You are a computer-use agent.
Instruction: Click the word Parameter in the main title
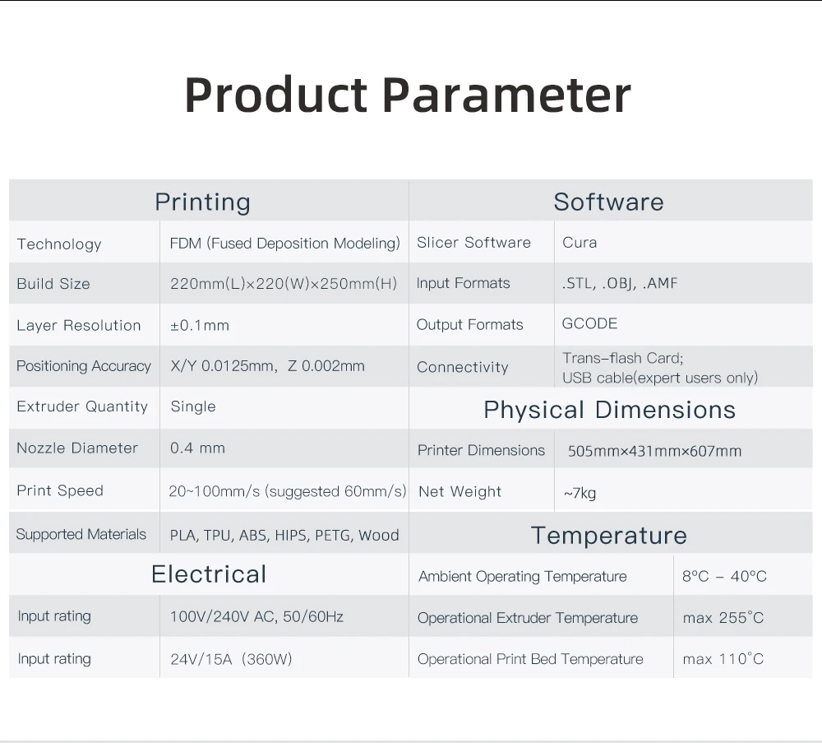pos(506,95)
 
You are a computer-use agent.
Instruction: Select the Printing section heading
pos(202,202)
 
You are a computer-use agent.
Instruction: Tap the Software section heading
pos(608,202)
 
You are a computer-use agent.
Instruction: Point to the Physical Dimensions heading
pos(610,410)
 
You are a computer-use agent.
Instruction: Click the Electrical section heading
pos(209,574)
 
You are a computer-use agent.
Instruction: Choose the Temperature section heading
pos(608,536)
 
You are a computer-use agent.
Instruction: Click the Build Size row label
pos(53,284)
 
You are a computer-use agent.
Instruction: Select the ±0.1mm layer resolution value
pos(200,325)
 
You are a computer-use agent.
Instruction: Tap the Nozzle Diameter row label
pos(77,448)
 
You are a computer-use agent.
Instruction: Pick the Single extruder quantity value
pos(193,406)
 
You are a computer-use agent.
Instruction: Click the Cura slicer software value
pos(580,243)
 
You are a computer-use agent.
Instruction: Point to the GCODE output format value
pos(589,323)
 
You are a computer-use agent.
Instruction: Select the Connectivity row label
pos(462,367)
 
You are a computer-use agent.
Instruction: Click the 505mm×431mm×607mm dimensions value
pos(655,451)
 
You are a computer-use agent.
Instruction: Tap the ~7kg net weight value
pos(580,493)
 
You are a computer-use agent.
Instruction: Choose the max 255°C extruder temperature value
pos(723,618)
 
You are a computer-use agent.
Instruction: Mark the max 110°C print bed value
pos(723,659)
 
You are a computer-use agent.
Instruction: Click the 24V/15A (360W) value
pos(231,659)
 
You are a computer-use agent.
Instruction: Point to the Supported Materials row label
pos(81,534)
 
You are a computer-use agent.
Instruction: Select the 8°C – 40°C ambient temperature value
pos(724,576)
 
